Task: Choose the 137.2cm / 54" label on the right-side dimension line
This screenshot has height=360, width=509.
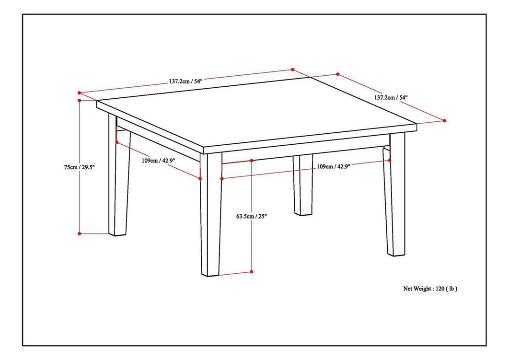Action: click(x=391, y=97)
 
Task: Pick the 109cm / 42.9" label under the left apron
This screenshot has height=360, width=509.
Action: click(x=158, y=161)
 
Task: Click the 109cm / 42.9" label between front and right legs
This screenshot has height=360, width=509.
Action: click(x=334, y=166)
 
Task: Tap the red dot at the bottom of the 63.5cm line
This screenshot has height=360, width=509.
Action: click(x=251, y=272)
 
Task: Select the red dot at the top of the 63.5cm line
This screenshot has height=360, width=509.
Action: click(x=251, y=161)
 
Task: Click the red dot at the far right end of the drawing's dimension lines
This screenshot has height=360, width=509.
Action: click(x=444, y=120)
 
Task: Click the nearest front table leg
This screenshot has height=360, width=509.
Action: click(x=211, y=216)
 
